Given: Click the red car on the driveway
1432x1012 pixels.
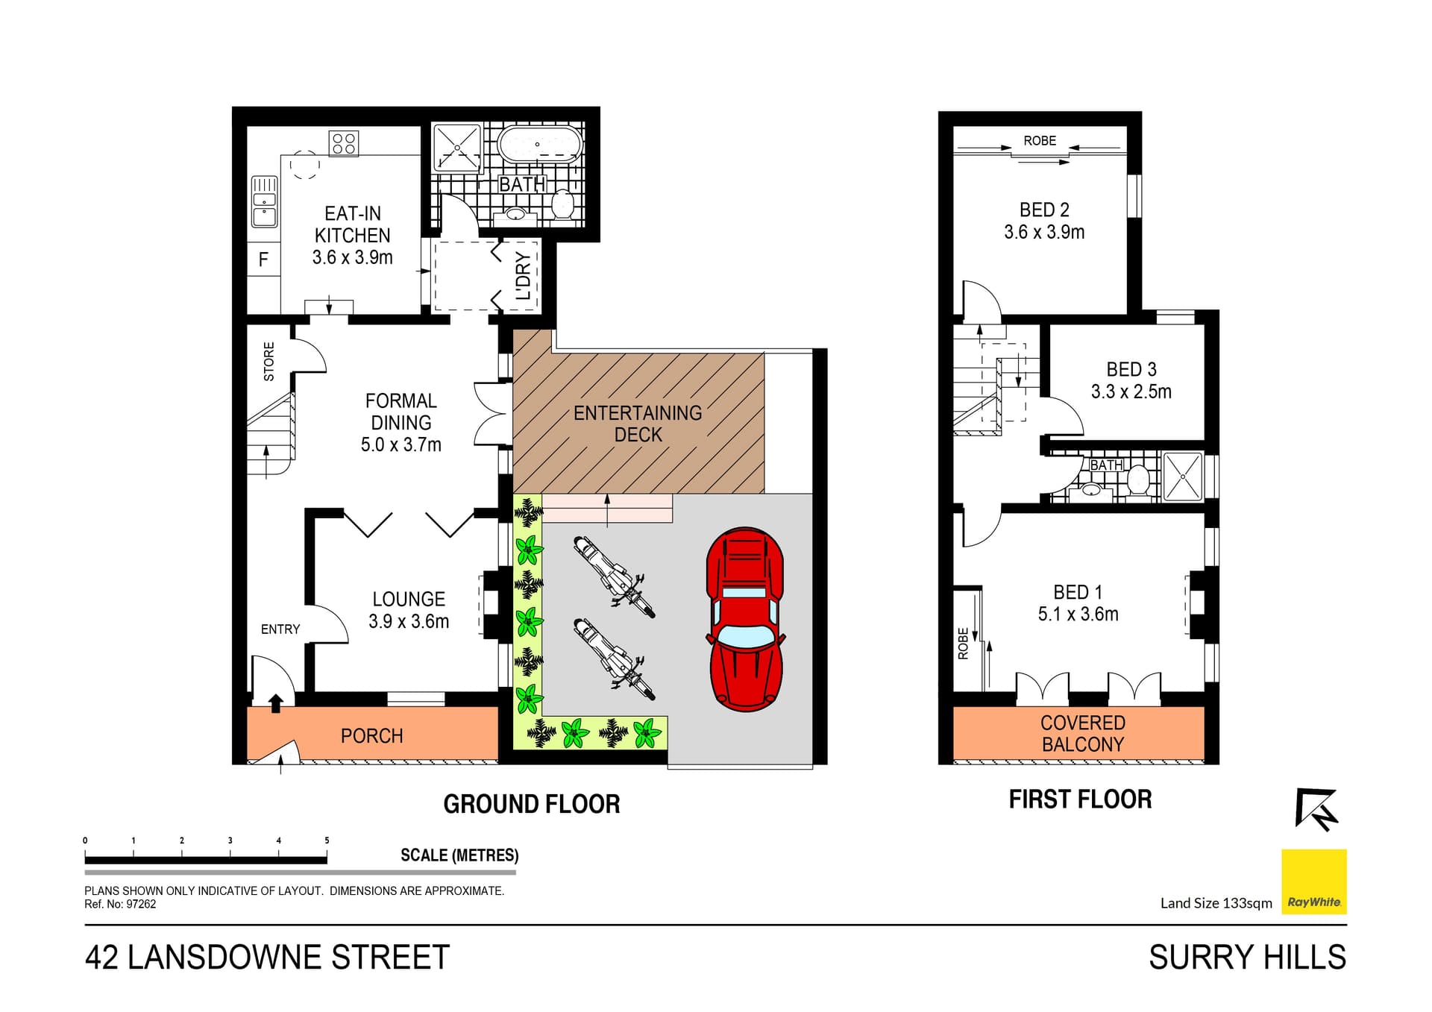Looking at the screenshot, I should point(745,619).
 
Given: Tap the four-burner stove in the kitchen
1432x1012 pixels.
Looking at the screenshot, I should point(344,143).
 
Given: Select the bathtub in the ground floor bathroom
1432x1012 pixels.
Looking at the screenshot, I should point(538,145).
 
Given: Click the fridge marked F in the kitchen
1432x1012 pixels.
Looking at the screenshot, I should point(263,260).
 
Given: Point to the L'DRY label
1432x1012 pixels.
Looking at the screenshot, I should point(524,276).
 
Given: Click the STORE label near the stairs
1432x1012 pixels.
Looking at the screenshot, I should point(269,362).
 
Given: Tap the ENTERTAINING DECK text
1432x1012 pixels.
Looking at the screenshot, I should point(638,424).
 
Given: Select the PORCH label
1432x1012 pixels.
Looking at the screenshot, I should point(371,736).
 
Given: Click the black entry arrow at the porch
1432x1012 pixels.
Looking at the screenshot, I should point(275,703).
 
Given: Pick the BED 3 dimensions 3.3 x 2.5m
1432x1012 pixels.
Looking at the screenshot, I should point(1131,392).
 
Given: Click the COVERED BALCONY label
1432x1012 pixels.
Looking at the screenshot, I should point(1082,733).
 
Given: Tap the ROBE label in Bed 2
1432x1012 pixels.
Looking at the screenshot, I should point(1040,141).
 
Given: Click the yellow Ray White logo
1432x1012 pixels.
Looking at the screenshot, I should point(1313,881).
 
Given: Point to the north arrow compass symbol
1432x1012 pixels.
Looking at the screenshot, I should point(1316,809).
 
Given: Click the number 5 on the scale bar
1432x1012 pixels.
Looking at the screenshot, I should point(327,840).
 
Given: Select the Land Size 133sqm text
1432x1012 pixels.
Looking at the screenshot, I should point(1216,903).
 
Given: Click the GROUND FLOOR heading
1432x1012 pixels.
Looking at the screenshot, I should point(531,804).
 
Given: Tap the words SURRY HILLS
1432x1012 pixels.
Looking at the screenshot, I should point(1247,958).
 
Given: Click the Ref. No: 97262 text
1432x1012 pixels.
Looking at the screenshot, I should point(120,905).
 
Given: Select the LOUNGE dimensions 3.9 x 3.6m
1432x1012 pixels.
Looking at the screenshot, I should point(409,621).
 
